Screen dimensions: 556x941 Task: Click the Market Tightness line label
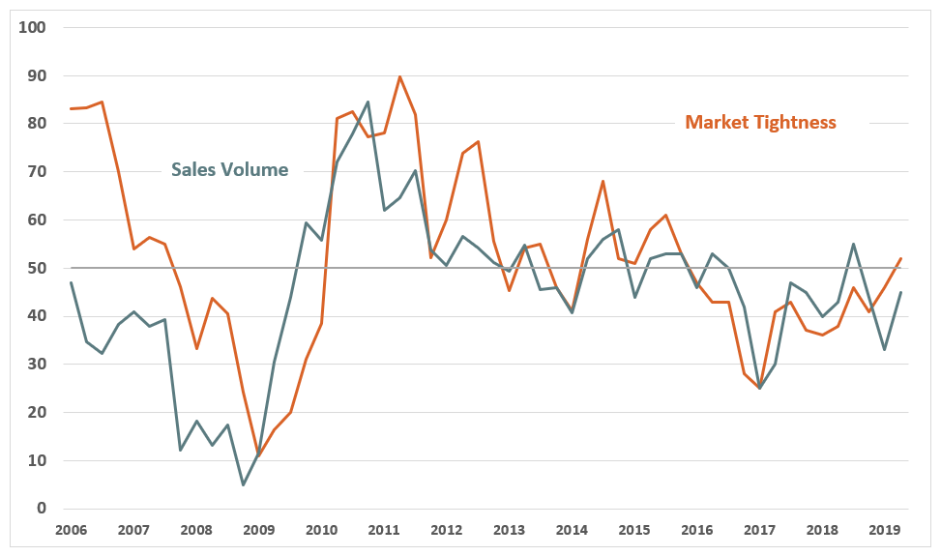pos(760,122)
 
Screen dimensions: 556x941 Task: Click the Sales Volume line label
pos(229,169)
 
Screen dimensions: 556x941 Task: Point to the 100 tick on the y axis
pos(34,27)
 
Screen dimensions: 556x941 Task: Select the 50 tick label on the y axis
pos(37,268)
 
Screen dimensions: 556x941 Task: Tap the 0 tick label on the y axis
pos(42,509)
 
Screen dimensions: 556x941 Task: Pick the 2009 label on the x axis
pos(258,530)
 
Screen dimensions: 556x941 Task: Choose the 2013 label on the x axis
pos(509,530)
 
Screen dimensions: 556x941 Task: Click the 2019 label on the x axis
pos(885,530)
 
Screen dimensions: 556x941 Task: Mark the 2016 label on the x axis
pos(697,530)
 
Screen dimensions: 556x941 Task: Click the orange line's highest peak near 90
pos(399,76)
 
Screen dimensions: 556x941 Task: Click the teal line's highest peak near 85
pos(368,102)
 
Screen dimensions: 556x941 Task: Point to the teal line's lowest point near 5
pos(243,484)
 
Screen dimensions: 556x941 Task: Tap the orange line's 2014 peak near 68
pos(603,181)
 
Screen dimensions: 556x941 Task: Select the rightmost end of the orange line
pos(900,258)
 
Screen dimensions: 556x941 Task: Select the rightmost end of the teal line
pos(900,292)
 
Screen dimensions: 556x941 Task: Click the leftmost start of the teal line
pos(71,282)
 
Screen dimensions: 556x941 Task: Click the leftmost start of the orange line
pos(71,108)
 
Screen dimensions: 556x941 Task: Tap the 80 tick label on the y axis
pos(37,124)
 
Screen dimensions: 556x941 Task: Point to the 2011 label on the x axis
pos(384,530)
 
